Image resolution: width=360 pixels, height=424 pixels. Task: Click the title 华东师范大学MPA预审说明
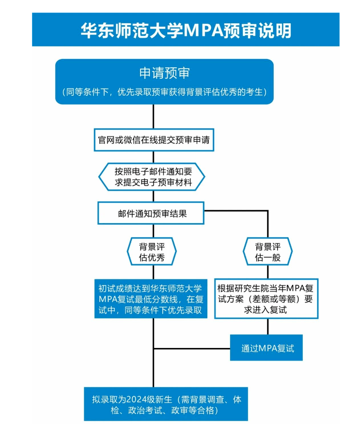pyautogui.click(x=186, y=30)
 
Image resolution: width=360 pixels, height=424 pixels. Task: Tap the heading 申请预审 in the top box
pyautogui.click(x=165, y=73)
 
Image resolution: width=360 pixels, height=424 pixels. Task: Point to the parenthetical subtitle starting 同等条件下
pyautogui.click(x=165, y=92)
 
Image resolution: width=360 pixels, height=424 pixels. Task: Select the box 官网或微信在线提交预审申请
pyautogui.click(x=154, y=140)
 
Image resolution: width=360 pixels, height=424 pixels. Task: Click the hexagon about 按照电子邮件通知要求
pyautogui.click(x=152, y=177)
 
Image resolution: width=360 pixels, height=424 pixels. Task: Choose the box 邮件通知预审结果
pyautogui.click(x=151, y=213)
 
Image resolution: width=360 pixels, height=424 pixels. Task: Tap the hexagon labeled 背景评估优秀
pyautogui.click(x=152, y=252)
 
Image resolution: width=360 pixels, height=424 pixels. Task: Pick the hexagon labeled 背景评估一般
pyautogui.click(x=268, y=252)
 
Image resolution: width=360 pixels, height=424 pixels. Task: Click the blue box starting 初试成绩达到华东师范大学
pyautogui.click(x=151, y=299)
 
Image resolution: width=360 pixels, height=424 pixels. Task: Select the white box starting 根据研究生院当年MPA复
pyautogui.click(x=266, y=299)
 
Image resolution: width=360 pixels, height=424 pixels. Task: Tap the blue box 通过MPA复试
pyautogui.click(x=266, y=348)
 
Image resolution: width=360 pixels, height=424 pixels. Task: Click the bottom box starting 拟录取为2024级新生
pyautogui.click(x=166, y=404)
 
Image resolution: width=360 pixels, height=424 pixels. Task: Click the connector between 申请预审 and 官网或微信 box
pyautogui.click(x=154, y=117)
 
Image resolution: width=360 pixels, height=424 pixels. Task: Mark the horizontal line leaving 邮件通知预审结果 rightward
pyautogui.click(x=236, y=211)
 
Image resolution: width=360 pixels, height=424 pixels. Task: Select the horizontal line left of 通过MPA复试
pyautogui.click(x=192, y=348)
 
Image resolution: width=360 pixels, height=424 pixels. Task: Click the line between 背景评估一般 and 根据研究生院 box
pyautogui.click(x=268, y=272)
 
